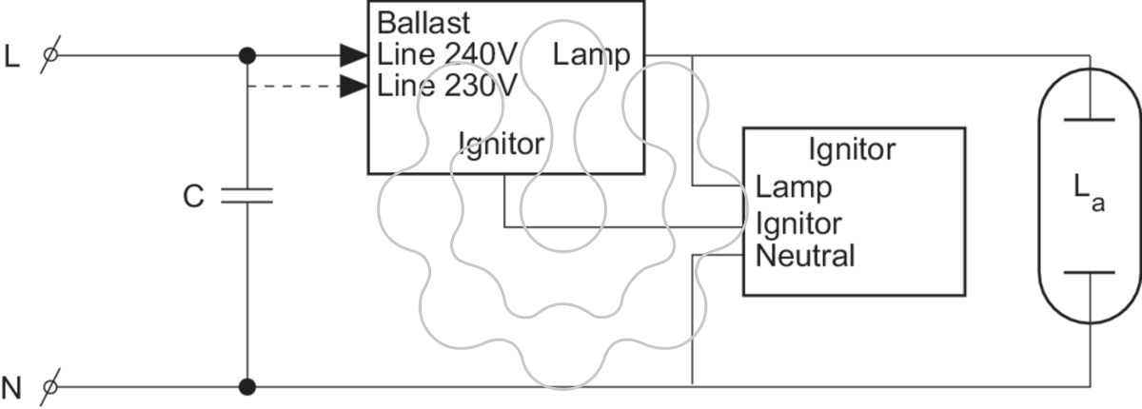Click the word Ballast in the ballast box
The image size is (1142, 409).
click(423, 23)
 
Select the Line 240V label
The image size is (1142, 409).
click(447, 54)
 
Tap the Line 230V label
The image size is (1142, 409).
click(447, 86)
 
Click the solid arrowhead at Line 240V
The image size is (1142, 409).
click(354, 55)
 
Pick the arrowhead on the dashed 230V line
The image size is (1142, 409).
click(354, 86)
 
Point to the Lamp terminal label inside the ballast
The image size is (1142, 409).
click(591, 55)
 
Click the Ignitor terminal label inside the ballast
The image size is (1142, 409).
click(502, 145)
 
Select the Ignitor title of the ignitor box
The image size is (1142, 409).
click(852, 150)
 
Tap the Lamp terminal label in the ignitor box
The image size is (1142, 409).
click(794, 187)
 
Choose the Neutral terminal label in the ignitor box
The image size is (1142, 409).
click(805, 256)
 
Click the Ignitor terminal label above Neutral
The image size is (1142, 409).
click(798, 224)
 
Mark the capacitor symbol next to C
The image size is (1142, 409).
click(246, 196)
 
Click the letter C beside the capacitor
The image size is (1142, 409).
click(193, 196)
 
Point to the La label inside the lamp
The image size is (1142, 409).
click(1089, 192)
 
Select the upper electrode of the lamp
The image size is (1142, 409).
click(1089, 120)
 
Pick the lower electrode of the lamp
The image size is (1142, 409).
click(1089, 272)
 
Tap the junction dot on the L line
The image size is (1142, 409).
click(247, 55)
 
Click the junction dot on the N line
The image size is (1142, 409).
click(247, 386)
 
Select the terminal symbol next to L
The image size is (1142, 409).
click(49, 54)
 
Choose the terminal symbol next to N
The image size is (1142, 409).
click(49, 388)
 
